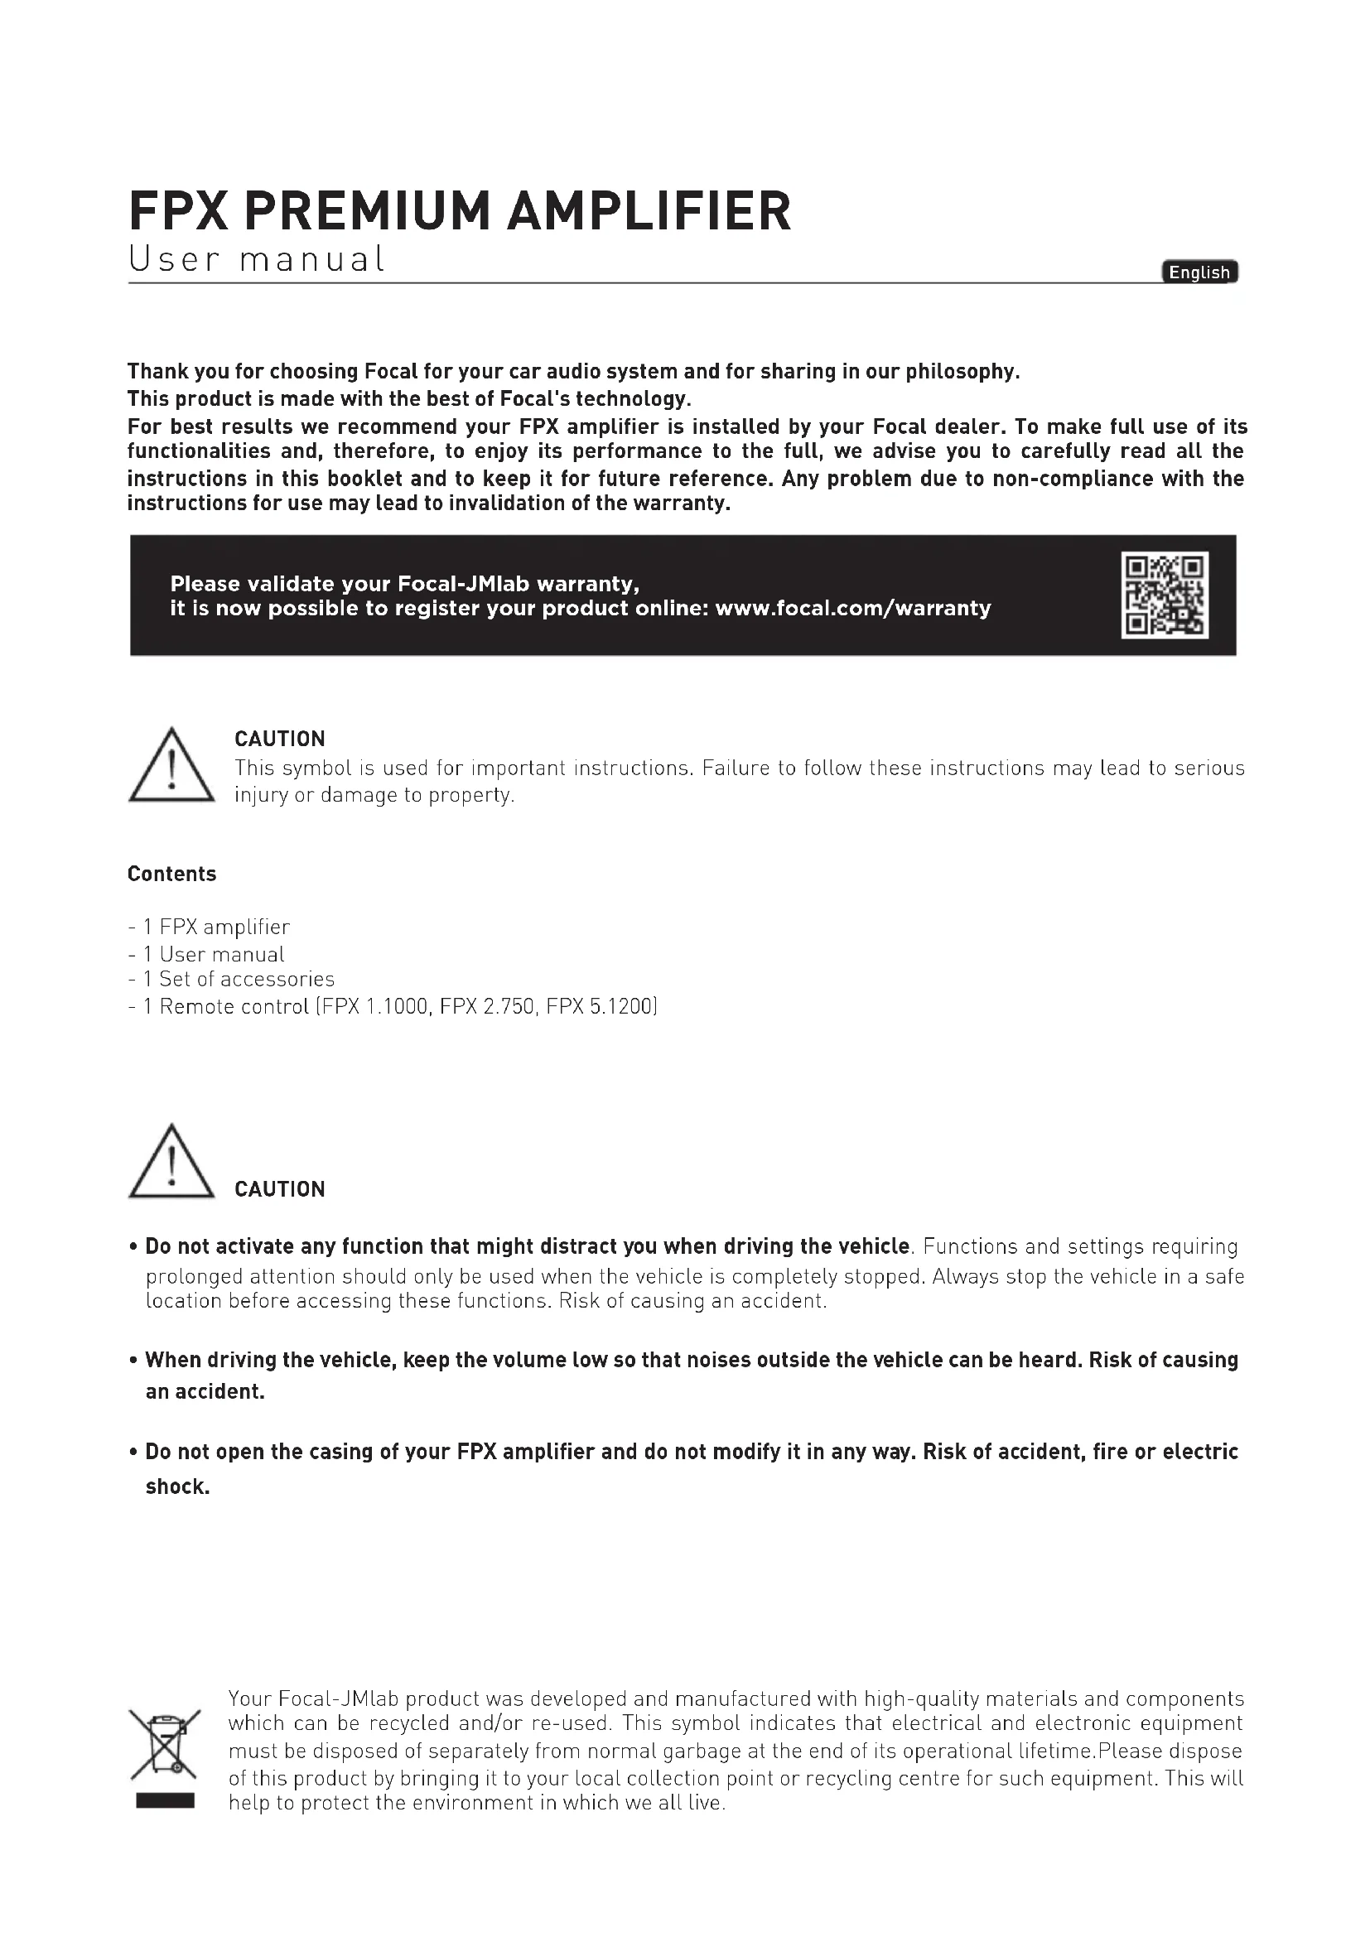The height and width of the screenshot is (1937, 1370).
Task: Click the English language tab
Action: point(1199,272)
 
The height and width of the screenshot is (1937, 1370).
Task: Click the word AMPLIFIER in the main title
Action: point(649,211)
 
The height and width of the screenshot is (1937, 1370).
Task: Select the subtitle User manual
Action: point(257,259)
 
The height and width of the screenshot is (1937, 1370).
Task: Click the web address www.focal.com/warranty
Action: point(853,609)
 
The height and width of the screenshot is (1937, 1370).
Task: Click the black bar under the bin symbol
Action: point(166,1801)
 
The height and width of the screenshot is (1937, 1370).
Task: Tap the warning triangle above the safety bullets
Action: point(171,1162)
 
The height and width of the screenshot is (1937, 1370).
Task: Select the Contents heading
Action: point(172,874)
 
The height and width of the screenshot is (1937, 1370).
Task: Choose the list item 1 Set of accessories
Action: point(239,979)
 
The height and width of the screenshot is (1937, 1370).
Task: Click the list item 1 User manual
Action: point(215,954)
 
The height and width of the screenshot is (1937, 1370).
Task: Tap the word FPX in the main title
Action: point(179,211)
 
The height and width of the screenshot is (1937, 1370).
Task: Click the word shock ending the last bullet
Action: point(176,1486)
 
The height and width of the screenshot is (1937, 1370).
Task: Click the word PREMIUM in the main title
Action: point(366,211)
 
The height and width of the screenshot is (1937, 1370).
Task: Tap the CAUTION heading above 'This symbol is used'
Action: point(279,739)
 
